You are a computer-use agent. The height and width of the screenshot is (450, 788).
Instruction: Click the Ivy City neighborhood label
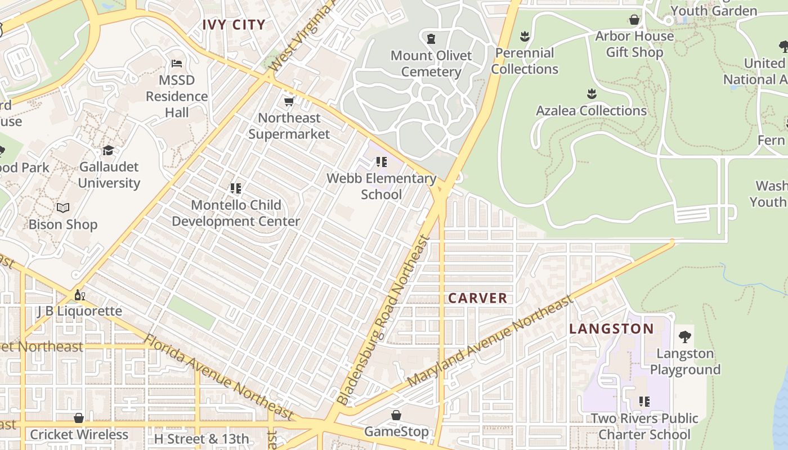[x=234, y=25]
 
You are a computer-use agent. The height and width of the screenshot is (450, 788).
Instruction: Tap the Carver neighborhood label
[x=477, y=298]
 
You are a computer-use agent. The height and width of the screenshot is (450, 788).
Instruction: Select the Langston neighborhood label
[x=611, y=328]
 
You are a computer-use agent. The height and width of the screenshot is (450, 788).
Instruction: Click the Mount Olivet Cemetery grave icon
[x=431, y=39]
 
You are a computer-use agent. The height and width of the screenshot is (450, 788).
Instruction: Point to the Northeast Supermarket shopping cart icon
[x=289, y=102]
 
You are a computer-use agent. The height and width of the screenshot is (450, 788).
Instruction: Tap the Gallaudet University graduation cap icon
[x=109, y=150]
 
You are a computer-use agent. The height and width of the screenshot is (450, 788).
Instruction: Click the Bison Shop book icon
[x=63, y=208]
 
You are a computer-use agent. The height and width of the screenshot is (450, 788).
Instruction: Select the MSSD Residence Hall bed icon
[x=177, y=64]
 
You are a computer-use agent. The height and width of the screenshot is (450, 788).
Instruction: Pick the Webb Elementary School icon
[x=382, y=162]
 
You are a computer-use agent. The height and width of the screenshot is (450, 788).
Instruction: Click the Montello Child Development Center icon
[x=236, y=188]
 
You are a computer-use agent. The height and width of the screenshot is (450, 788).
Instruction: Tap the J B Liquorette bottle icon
[x=79, y=295]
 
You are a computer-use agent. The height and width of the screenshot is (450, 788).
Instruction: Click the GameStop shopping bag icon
[x=396, y=415]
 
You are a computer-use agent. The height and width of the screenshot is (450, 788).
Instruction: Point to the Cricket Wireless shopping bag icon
[x=79, y=418]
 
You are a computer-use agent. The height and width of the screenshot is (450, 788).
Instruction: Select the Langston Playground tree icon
[x=684, y=337]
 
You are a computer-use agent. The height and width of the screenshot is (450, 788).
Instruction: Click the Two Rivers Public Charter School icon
[x=644, y=402]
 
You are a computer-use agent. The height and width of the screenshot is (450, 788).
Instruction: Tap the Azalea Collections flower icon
[x=591, y=93]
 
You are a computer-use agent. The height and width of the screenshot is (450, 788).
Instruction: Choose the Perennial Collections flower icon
[x=525, y=37]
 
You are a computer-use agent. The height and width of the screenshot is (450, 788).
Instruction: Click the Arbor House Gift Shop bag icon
[x=634, y=20]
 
